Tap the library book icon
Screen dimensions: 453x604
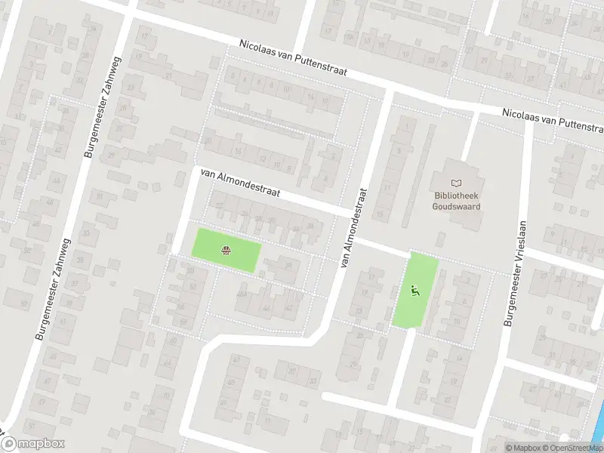[x=455, y=183]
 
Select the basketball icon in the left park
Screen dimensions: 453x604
[x=226, y=251]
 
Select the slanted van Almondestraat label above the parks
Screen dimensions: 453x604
[x=239, y=182]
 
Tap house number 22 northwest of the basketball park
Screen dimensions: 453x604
[x=219, y=205]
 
